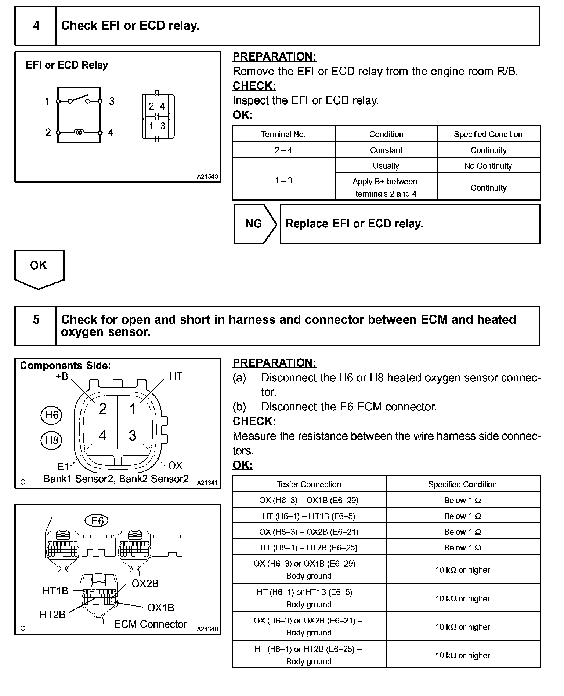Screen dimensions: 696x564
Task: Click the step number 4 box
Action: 36,26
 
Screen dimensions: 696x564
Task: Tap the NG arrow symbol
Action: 255,224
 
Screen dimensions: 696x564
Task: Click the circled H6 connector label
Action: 51,415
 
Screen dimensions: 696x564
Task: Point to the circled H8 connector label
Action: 51,440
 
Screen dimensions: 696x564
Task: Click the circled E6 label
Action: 97,521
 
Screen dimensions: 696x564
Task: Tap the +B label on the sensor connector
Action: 62,376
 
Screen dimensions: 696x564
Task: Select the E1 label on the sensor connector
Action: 63,466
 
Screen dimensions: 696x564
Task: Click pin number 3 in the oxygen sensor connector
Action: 133,436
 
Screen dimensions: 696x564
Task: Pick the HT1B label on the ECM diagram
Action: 55,591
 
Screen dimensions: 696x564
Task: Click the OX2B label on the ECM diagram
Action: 145,583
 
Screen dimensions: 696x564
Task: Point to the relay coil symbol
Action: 79,132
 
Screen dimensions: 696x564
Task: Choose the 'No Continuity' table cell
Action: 488,166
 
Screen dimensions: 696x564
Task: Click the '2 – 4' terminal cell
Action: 283,150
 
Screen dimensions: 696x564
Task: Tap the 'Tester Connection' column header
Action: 309,484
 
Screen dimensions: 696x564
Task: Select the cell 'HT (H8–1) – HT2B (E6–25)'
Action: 309,547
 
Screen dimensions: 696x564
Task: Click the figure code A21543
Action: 207,177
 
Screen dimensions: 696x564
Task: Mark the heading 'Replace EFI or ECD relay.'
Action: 354,224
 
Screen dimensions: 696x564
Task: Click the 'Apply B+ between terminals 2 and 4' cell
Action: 386,187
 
